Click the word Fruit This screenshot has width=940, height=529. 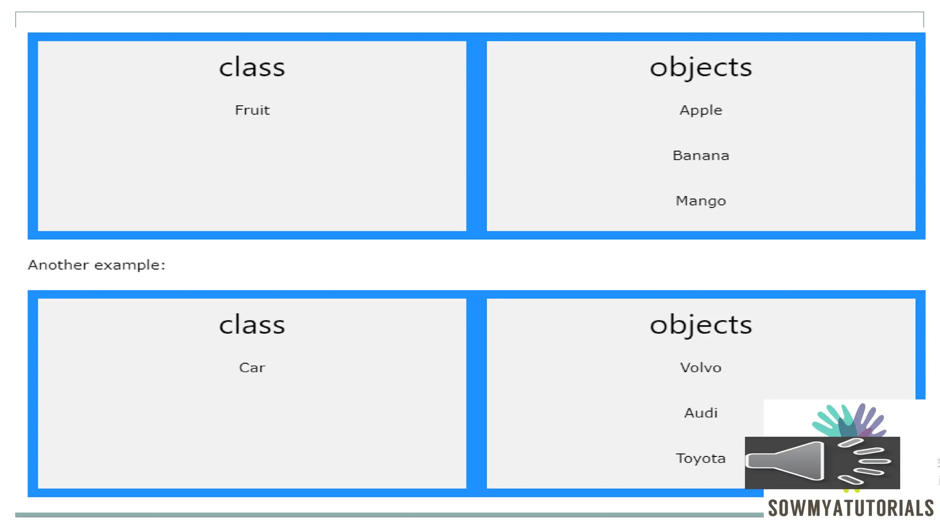pos(252,110)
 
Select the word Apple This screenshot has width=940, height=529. pos(700,111)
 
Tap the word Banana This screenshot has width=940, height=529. pos(700,156)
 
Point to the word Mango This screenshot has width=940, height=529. pos(700,201)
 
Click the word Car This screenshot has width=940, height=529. pos(252,368)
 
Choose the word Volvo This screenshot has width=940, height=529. pos(700,368)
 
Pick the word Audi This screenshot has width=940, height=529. pos(700,413)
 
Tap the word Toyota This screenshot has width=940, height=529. pos(700,458)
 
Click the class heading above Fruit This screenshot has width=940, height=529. pos(252,68)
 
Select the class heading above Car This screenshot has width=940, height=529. pos(252,325)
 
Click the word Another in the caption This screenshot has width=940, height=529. pos(58,265)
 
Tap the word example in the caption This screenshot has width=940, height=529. pos(128,265)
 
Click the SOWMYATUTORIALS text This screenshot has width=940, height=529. pos(850,508)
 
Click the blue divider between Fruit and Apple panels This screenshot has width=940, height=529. pos(476,136)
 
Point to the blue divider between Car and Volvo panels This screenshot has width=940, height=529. pos(476,394)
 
